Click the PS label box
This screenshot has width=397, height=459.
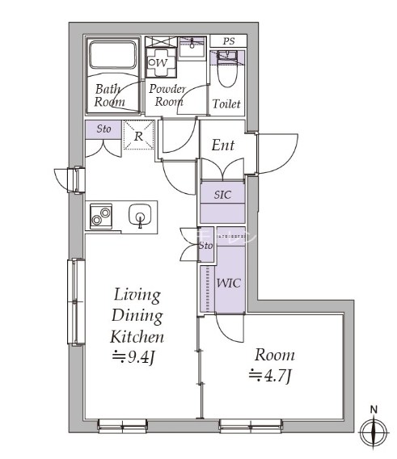229,40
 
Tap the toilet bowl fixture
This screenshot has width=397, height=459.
227,69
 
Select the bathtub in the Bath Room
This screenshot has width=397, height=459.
113,55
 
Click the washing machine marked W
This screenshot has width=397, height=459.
161,62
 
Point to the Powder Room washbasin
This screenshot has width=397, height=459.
192,48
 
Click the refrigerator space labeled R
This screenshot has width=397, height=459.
138,135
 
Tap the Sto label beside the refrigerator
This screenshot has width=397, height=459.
103,128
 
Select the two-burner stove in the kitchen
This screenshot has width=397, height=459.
101,217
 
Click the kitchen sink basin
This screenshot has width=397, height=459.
140,215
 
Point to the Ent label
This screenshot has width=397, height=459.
223,145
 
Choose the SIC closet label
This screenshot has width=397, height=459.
222,195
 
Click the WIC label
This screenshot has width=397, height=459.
229,283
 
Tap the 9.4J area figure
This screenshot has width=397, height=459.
133,357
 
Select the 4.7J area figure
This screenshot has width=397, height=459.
270,376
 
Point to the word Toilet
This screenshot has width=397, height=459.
226,104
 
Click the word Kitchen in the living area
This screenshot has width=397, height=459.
137,337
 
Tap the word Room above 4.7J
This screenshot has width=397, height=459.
275,355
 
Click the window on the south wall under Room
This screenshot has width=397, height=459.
251,426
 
